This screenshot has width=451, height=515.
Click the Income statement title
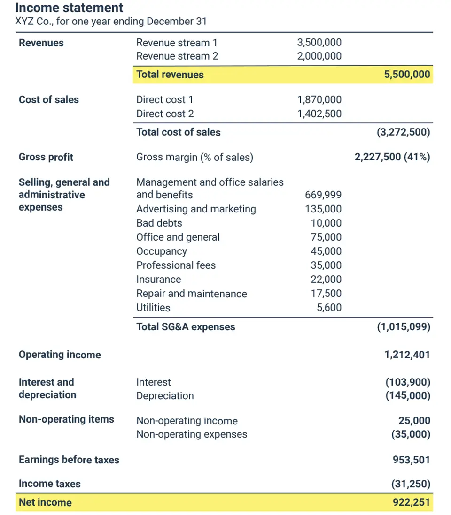click(x=69, y=8)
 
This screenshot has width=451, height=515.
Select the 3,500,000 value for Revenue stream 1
click(x=319, y=43)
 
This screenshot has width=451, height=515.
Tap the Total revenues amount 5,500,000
click(x=407, y=75)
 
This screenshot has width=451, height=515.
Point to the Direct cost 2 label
click(x=165, y=114)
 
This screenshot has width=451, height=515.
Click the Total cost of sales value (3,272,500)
click(x=403, y=132)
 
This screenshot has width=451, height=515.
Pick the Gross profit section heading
click(x=46, y=157)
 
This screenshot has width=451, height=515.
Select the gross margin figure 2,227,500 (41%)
click(x=392, y=157)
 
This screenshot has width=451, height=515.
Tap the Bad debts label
click(x=159, y=223)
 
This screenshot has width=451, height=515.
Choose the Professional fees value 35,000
click(x=326, y=265)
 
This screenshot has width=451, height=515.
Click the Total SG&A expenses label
click(x=186, y=327)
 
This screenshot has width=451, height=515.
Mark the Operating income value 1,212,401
click(x=407, y=355)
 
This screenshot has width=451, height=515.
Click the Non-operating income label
click(x=187, y=421)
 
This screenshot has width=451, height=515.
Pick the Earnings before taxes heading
click(x=69, y=460)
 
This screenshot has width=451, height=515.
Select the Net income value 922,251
click(x=411, y=503)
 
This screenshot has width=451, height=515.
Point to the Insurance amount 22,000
click(x=326, y=280)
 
